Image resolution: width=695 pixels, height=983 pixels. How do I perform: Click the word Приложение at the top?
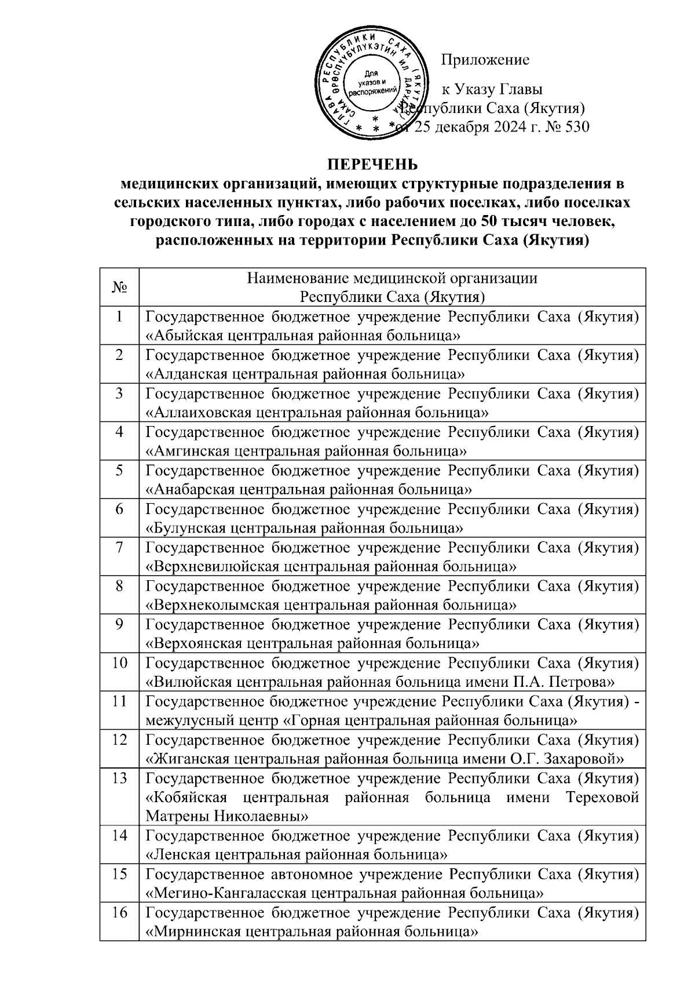(x=485, y=60)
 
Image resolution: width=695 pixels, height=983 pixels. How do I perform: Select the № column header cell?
(x=119, y=287)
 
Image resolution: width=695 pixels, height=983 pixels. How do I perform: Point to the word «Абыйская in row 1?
(x=184, y=336)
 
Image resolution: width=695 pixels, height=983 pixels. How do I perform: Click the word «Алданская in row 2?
(x=187, y=374)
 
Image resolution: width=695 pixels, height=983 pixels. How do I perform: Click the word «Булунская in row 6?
(x=186, y=528)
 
